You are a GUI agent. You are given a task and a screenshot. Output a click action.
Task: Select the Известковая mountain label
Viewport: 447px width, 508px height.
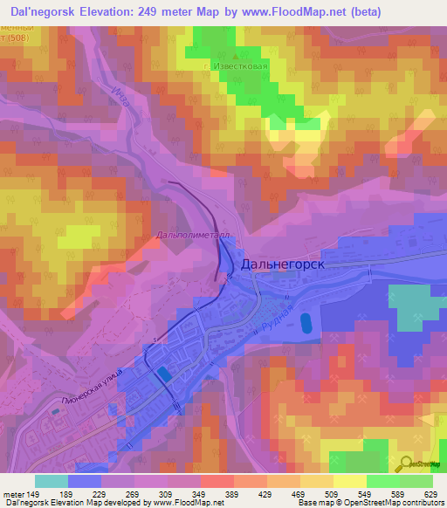[230, 65]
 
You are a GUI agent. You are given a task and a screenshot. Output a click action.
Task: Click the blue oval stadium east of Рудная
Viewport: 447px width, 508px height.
[304, 324]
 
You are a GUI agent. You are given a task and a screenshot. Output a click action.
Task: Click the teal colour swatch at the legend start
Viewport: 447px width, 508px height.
[52, 481]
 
